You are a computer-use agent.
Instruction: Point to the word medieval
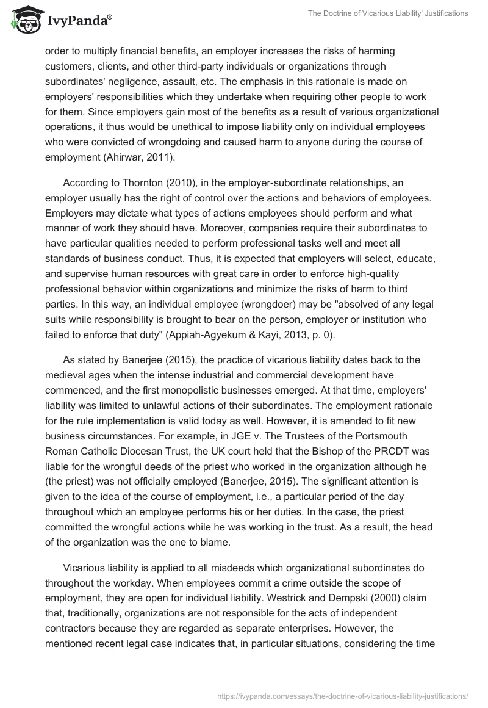point(68,374)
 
